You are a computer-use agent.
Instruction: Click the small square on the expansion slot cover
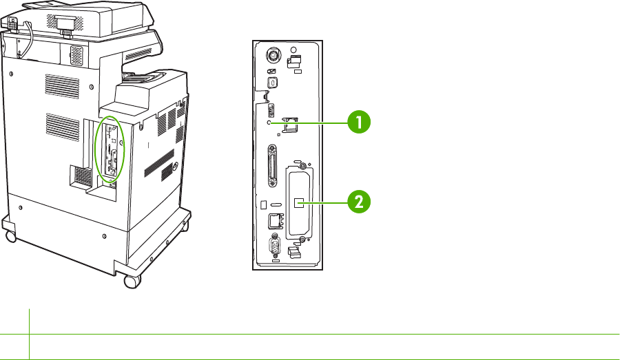click(299, 202)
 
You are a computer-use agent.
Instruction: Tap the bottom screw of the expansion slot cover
click(300, 242)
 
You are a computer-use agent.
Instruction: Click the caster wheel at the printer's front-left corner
click(10, 236)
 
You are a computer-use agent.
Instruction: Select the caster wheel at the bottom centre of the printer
click(129, 282)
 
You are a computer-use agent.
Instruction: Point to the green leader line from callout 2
click(324, 202)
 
